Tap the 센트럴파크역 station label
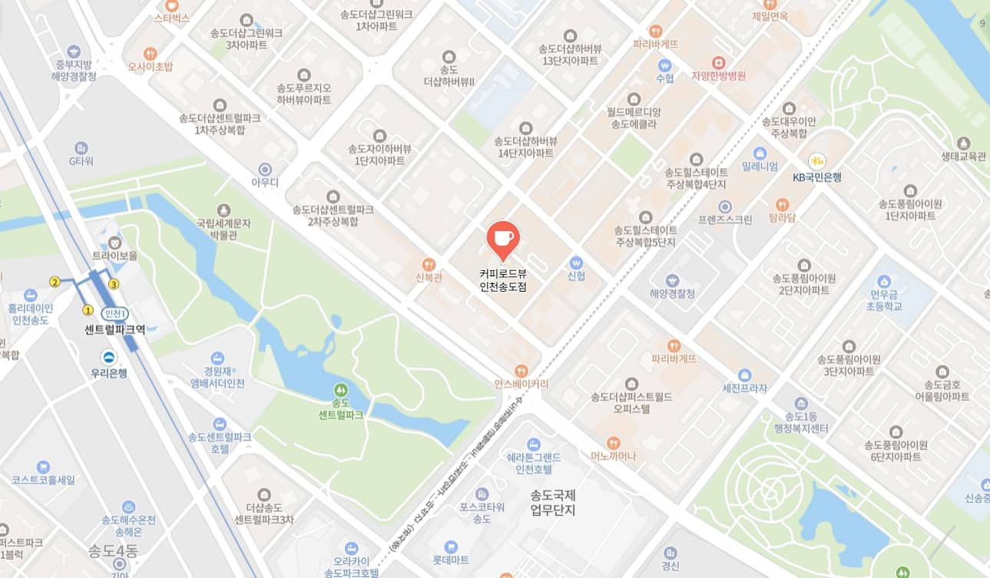(x=115, y=329)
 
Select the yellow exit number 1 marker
(x=88, y=310)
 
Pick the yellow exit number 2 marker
(x=55, y=282)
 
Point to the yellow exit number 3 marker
(x=114, y=284)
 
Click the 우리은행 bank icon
(x=109, y=357)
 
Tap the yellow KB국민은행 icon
(x=816, y=161)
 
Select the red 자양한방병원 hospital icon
(x=718, y=61)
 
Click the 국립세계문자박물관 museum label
(x=223, y=229)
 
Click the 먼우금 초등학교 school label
(x=886, y=300)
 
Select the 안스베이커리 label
(x=521, y=385)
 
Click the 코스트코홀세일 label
(x=43, y=480)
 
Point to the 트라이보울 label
(x=114, y=255)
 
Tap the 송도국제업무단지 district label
(x=553, y=503)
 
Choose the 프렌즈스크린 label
(x=724, y=219)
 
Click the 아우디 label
(x=265, y=182)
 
